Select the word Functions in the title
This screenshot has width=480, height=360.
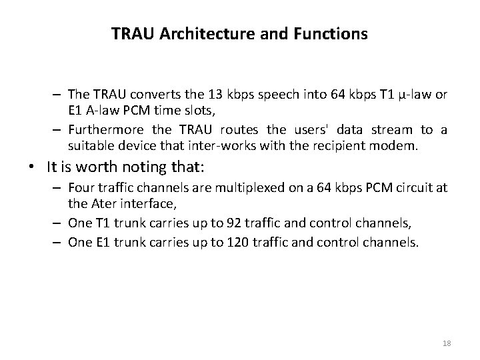(x=331, y=33)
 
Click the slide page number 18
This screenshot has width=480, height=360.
(x=447, y=343)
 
